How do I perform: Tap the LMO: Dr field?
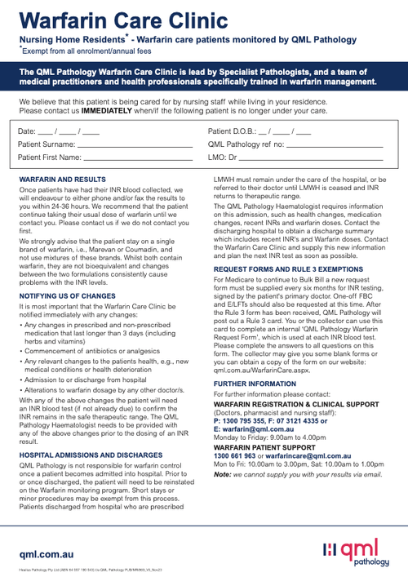click(x=310, y=158)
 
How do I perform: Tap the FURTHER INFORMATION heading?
click(x=255, y=383)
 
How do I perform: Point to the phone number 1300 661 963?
click(x=235, y=455)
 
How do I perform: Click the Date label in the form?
click(x=27, y=131)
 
